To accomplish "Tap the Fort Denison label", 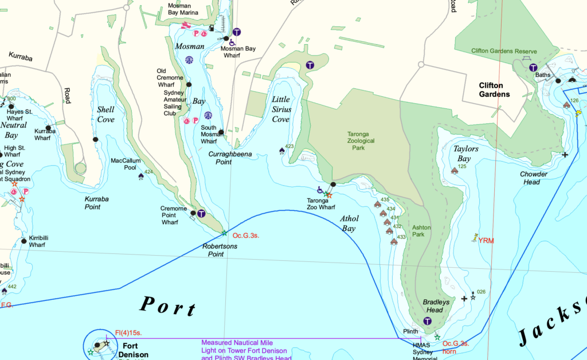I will click(135, 350).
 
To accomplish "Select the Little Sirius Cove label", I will click(281, 109).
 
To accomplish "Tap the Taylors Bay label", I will click(466, 154).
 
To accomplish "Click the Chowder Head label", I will click(533, 178).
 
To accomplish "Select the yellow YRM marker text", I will click(486, 241).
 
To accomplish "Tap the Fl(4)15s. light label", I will click(128, 332).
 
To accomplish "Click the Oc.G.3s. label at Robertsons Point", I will click(246, 235).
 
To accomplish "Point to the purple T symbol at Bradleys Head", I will click(427, 321).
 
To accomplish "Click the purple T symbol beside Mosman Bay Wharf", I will click(237, 32).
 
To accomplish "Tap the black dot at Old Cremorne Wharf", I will click(190, 85).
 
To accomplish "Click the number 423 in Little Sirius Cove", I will click(289, 147).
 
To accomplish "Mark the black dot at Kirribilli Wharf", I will click(24, 241).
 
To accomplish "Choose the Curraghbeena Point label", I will click(230, 158).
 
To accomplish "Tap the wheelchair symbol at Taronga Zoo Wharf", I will click(320, 190).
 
